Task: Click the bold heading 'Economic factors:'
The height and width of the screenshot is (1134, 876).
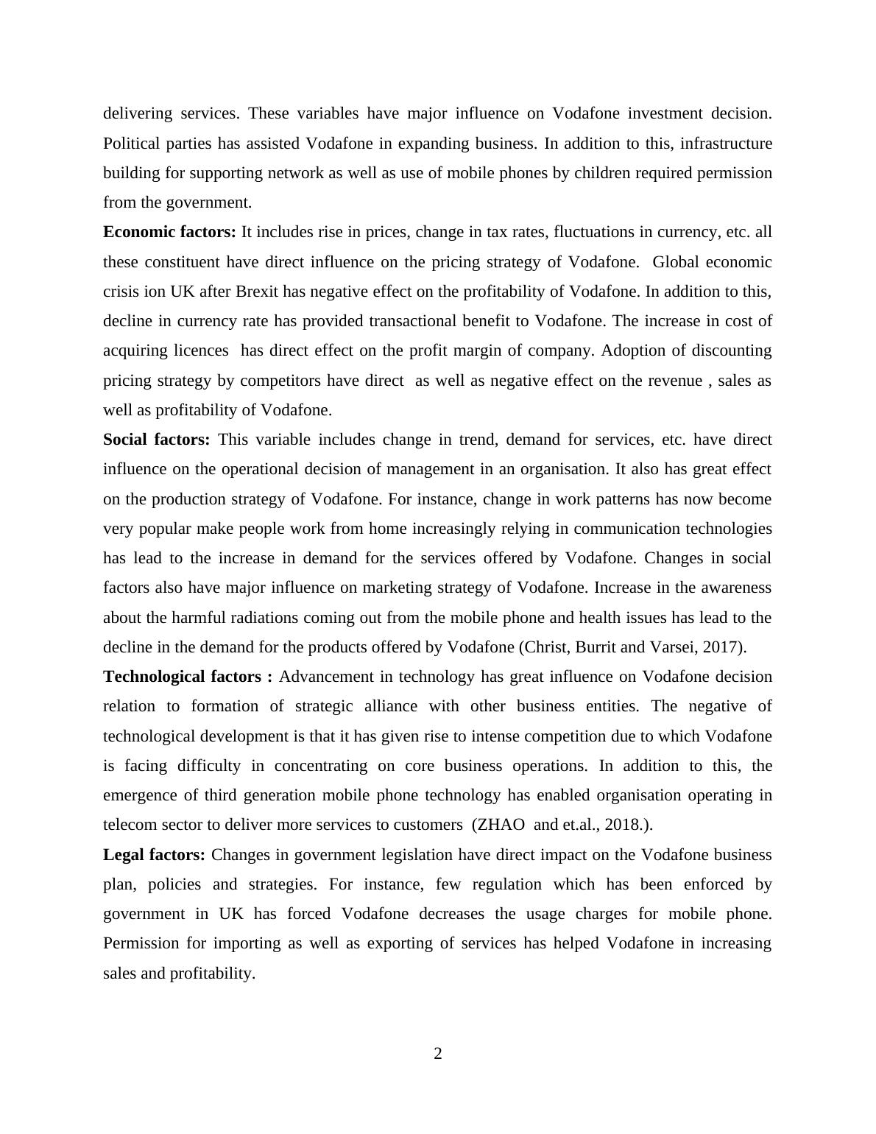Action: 169,232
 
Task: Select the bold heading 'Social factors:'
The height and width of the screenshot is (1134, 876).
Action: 156,440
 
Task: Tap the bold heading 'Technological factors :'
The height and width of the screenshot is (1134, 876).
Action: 187,677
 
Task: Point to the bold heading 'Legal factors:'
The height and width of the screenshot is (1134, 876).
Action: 154,855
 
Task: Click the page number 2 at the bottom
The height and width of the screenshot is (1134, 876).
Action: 438,1054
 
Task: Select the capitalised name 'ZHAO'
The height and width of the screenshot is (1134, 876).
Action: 501,825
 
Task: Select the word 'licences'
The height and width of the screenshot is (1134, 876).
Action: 201,351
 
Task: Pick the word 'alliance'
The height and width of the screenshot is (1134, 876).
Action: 387,706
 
